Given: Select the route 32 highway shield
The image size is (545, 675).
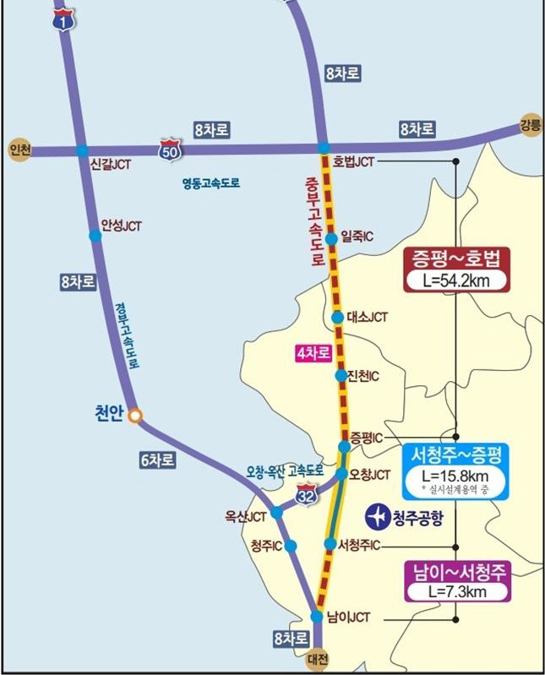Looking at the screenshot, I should coord(306,495).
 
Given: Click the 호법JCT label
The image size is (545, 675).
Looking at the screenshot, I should coord(353,161).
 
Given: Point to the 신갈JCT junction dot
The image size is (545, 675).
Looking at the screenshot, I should coord(82,150).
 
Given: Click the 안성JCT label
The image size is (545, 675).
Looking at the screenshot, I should coord(121,226).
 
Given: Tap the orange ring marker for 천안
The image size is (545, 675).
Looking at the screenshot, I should coord(134,415).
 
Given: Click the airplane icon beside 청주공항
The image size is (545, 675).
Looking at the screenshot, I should coord(377,514).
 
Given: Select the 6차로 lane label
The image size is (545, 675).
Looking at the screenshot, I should coord(158,460).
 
